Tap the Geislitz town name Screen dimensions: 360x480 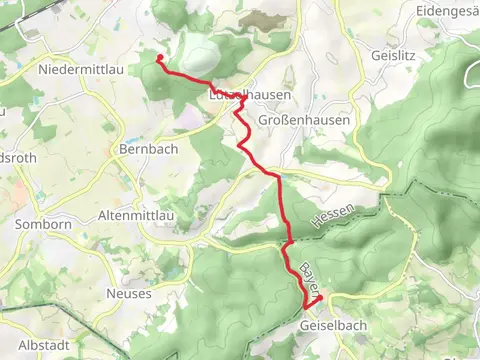(391, 56)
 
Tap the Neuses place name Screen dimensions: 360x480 (129, 294)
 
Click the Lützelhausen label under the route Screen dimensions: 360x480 (250, 95)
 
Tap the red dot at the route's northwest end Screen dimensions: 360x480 (159, 58)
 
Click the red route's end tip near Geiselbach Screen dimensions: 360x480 (319, 298)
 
